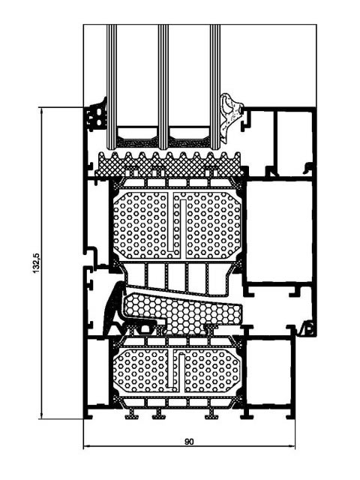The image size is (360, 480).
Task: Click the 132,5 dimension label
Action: click(x=36, y=263)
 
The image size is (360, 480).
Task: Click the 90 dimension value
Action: click(x=190, y=442)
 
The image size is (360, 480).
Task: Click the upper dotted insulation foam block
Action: click(x=177, y=225)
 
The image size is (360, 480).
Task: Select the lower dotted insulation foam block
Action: click(x=177, y=370)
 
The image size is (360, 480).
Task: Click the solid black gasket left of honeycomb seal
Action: click(x=115, y=309)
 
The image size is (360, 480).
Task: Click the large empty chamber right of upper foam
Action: click(x=279, y=232)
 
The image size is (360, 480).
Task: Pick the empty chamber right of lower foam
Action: click(x=268, y=372)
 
